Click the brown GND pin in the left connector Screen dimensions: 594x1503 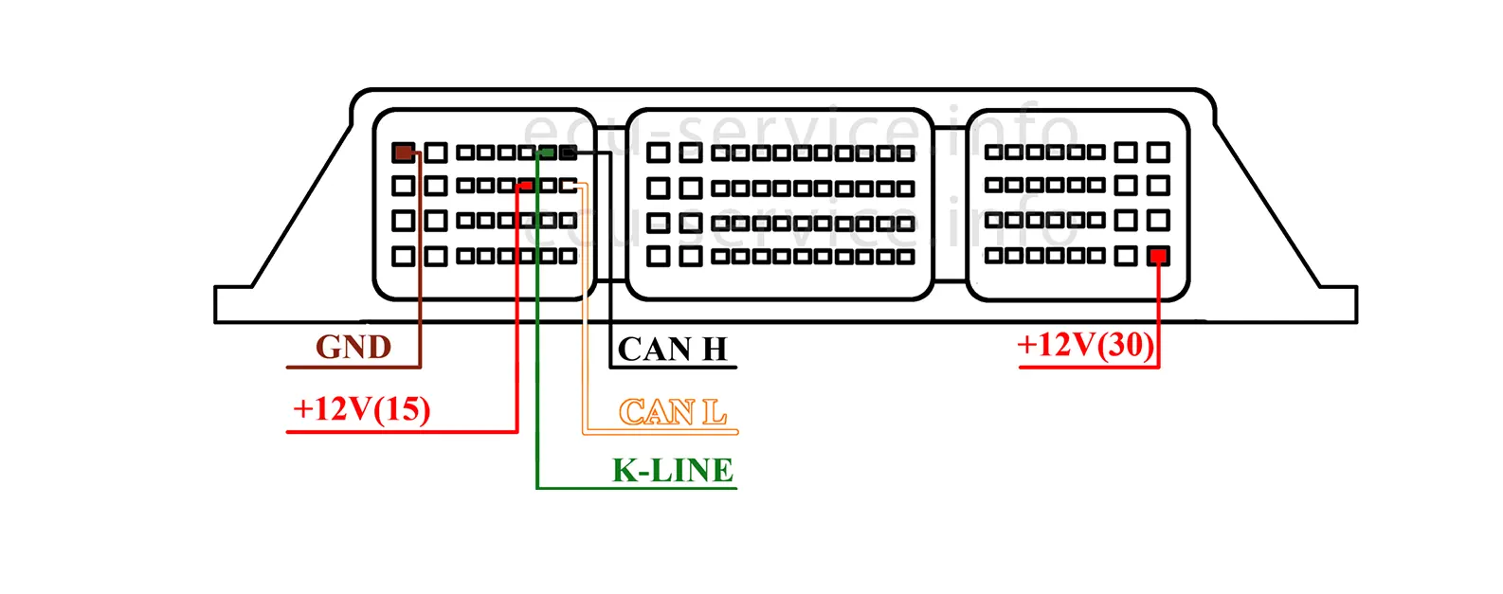click(404, 153)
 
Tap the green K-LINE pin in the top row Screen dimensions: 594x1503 click(548, 153)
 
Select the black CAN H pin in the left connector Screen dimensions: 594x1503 click(568, 153)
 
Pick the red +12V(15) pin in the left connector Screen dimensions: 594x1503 click(526, 186)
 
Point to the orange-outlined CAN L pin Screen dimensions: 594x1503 click(568, 186)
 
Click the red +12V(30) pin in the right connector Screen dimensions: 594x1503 click(1158, 256)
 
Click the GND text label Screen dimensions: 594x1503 click(353, 348)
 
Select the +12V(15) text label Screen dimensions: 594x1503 click(362, 409)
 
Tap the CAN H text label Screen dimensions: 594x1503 click(672, 350)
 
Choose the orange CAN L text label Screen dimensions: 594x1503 click(673, 412)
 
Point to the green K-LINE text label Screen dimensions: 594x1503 click(673, 470)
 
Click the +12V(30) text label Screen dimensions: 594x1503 click(1086, 345)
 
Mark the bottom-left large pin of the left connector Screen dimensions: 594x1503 click(404, 256)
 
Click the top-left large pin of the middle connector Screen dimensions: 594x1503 click(658, 153)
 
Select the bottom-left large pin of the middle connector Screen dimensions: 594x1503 click(658, 256)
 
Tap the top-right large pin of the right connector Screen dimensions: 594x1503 click(1158, 152)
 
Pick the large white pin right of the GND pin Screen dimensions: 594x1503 click(436, 153)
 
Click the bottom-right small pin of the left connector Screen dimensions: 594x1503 click(568, 256)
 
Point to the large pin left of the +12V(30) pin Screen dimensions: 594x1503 click(1126, 256)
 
